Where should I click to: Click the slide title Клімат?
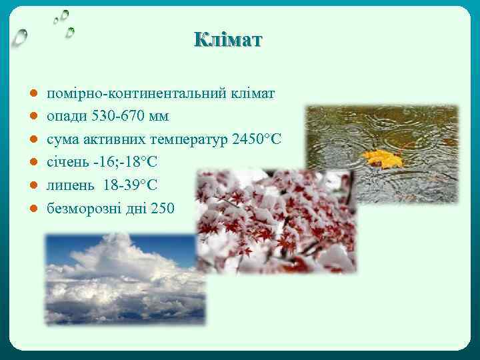click(x=229, y=39)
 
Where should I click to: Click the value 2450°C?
click(x=257, y=139)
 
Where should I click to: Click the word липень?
click(x=69, y=185)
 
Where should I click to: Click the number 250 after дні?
click(x=163, y=209)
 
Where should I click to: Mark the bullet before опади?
click(x=32, y=117)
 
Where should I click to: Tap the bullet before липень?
click(x=32, y=186)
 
